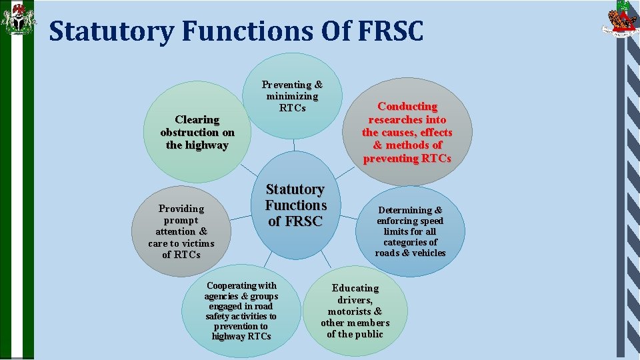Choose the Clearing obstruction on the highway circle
point(197,132)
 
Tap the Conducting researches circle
point(407,132)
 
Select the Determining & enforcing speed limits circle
point(410,231)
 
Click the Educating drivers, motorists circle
point(355,311)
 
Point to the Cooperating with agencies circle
point(241,311)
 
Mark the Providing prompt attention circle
point(181,231)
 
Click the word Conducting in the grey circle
point(407,107)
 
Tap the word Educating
point(355,288)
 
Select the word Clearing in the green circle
point(197,120)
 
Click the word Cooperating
point(241,286)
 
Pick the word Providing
point(181,209)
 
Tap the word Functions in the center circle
point(295,205)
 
